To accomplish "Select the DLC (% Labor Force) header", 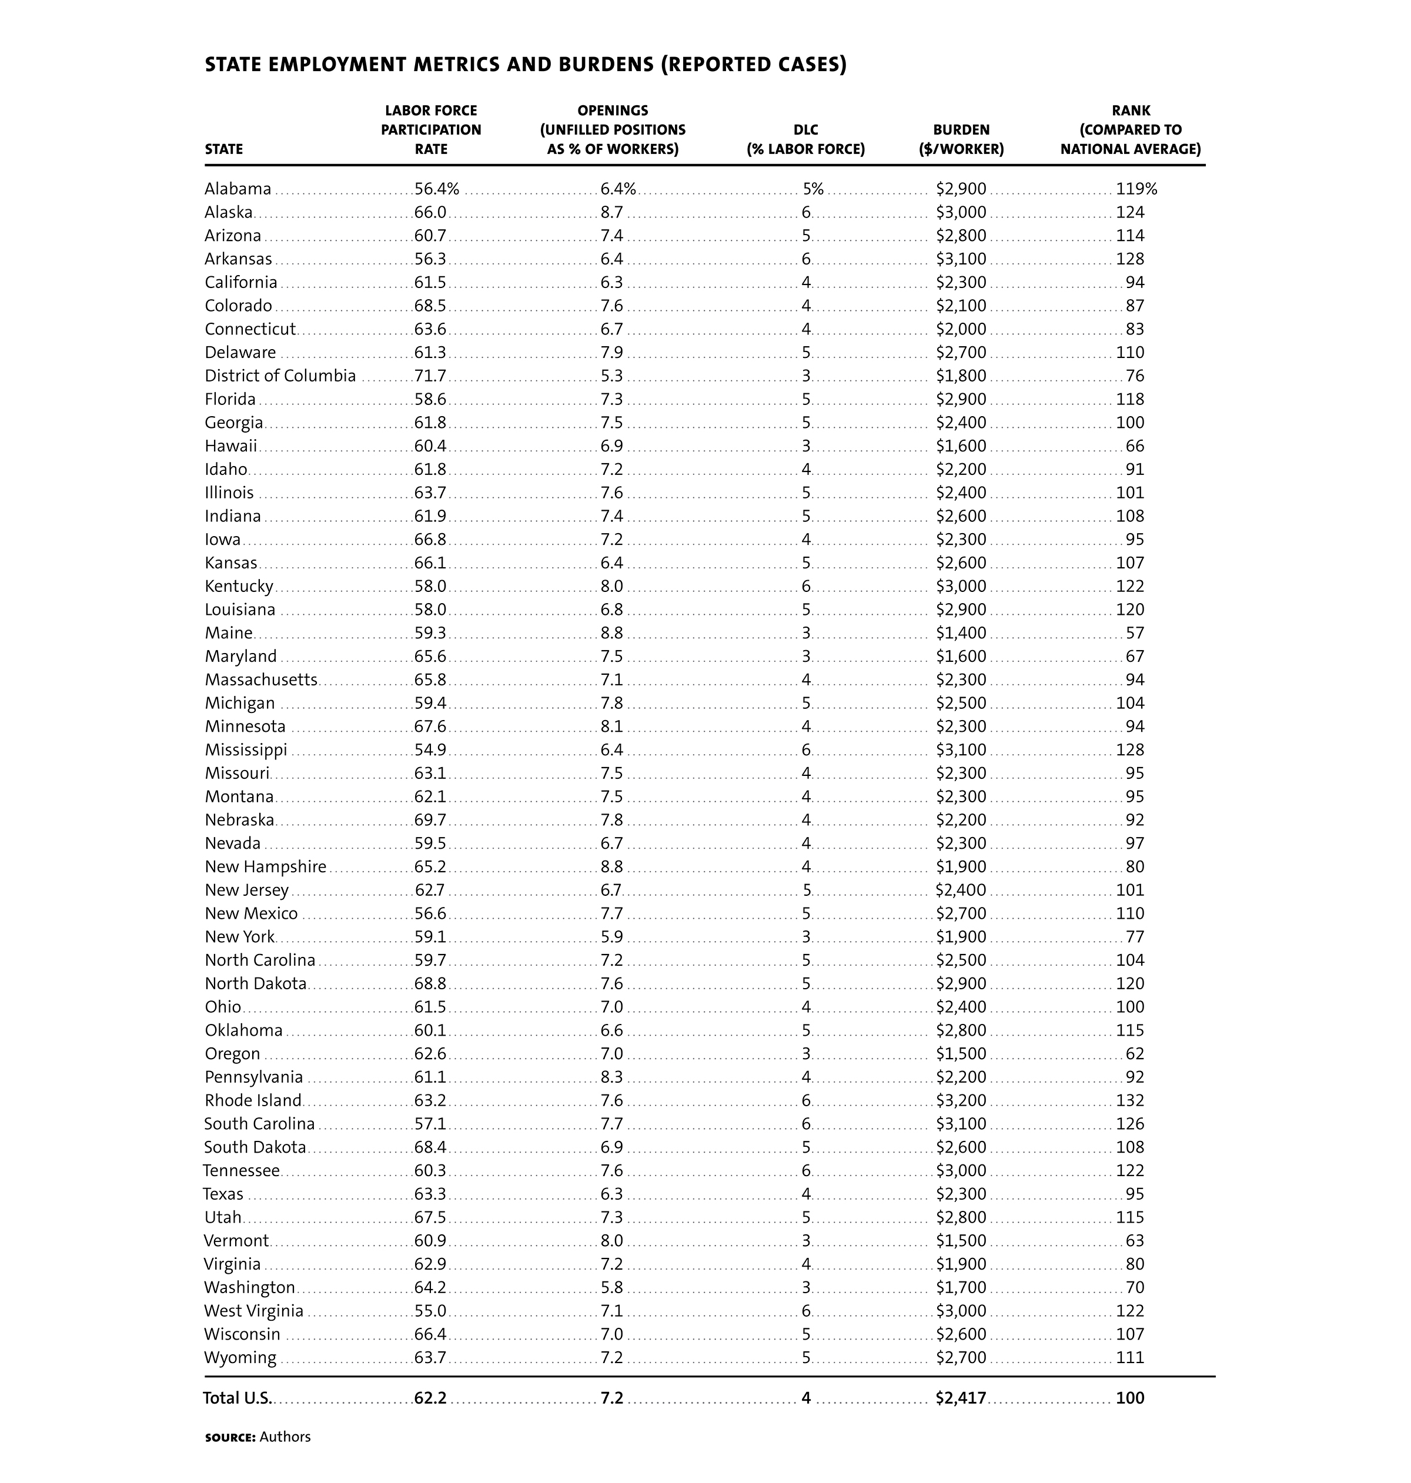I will click(805, 139).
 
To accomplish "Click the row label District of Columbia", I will click(280, 376).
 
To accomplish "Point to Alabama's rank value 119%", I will click(1136, 189).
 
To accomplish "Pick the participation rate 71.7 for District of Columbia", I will click(430, 376).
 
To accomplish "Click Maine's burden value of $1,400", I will click(961, 633).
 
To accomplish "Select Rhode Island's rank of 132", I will click(1130, 1101).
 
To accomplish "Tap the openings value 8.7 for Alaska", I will click(611, 212).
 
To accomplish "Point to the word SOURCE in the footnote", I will click(230, 1437).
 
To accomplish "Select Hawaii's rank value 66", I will click(1134, 446).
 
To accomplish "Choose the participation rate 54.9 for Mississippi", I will click(430, 750).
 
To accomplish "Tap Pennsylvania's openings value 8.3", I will click(611, 1077).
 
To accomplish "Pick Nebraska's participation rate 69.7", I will click(430, 820).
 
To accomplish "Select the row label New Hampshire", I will click(266, 866).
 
